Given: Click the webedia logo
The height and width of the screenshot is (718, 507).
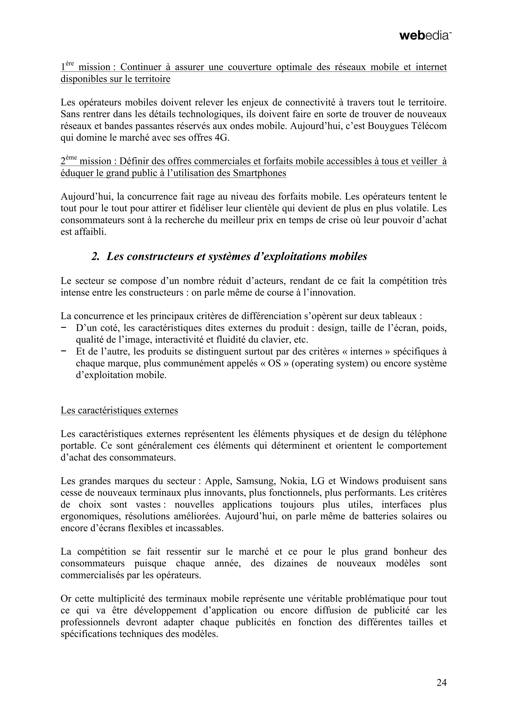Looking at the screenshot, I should coord(425,36).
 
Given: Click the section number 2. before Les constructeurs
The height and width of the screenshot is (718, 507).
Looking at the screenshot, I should coord(95,256).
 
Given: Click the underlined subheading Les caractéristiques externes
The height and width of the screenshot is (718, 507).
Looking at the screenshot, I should coord(119,410).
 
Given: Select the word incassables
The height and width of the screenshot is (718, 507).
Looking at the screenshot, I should coord(199,528).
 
